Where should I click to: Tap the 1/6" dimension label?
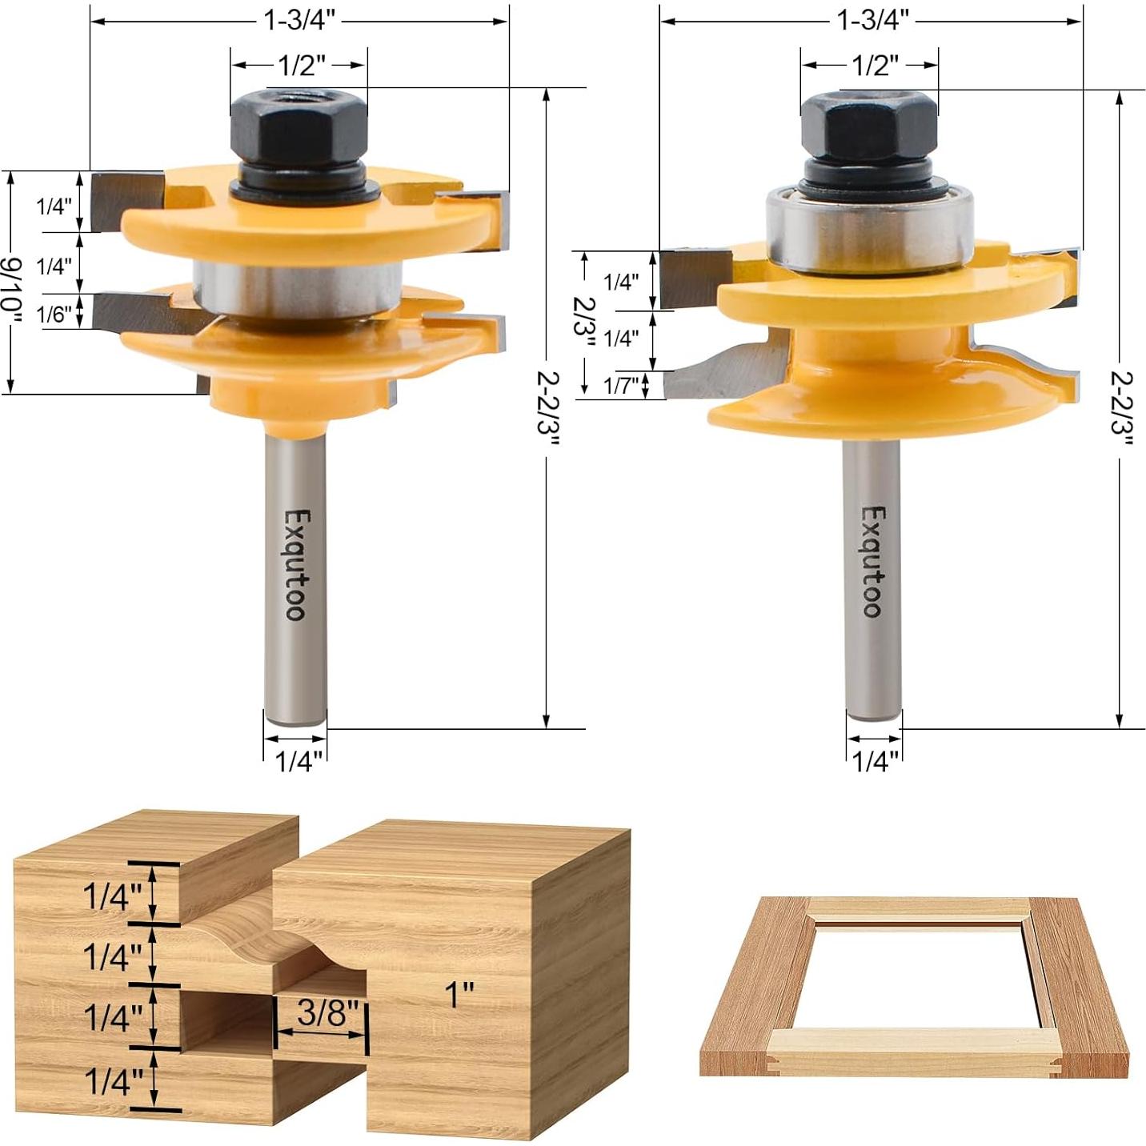[54, 315]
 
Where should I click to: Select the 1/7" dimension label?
[621, 387]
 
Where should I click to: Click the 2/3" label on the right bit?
[585, 320]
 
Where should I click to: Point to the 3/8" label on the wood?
[322, 1013]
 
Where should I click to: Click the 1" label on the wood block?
[459, 995]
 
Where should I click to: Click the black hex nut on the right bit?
[869, 126]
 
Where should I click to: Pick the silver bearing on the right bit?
[869, 230]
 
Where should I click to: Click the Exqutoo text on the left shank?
[295, 564]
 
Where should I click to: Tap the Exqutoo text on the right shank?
[873, 561]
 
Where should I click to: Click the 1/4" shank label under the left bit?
[299, 761]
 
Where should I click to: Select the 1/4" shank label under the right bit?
[876, 761]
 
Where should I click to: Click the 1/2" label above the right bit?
[874, 65]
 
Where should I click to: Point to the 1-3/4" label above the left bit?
[299, 20]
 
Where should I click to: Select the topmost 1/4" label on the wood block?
[112, 896]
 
